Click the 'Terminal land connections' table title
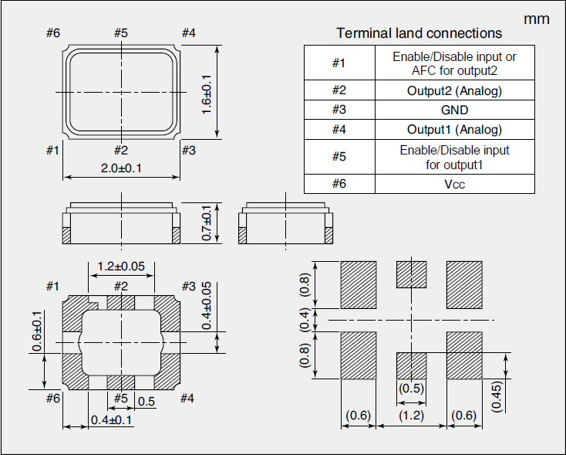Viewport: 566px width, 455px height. tap(419, 33)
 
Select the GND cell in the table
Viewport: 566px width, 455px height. tap(454, 110)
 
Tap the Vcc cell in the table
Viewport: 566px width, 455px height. tap(454, 184)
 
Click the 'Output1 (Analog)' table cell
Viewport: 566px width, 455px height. tap(454, 129)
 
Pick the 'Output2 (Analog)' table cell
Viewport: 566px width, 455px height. tap(454, 90)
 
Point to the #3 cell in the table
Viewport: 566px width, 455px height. tap(339, 110)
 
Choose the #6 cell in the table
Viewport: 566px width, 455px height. tap(339, 184)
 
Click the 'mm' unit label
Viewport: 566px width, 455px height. tap(537, 19)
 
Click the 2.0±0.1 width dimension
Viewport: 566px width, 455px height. tap(121, 168)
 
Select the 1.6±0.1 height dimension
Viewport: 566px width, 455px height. tap(206, 94)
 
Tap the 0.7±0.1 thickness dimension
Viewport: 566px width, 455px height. tap(206, 223)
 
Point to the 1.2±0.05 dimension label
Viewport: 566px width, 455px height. tap(121, 267)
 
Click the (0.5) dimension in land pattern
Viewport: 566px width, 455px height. tap(411, 389)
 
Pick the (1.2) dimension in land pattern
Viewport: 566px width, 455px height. tap(411, 416)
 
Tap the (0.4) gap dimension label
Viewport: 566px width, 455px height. tap(305, 318)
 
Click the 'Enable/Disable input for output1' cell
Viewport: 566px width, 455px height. tap(454, 157)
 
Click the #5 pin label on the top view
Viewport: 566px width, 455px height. tap(121, 32)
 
